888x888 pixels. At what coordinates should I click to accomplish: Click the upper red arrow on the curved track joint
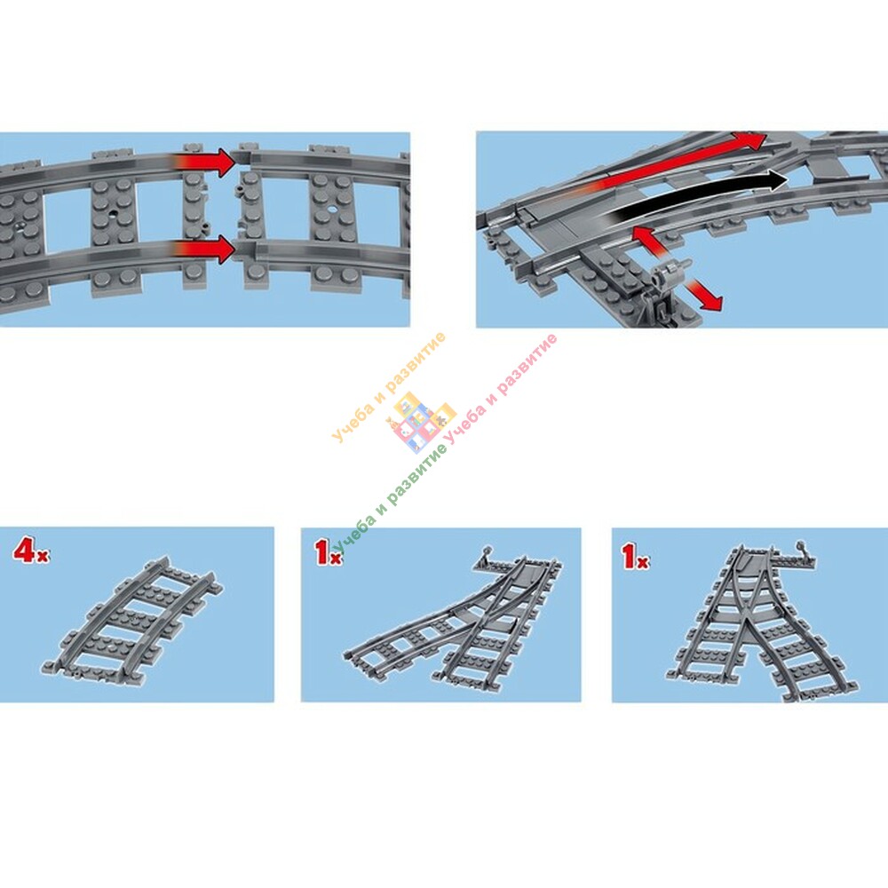[207, 163]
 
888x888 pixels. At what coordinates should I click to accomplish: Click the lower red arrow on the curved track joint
[207, 250]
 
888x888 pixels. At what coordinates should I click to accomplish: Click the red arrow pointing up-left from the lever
[650, 242]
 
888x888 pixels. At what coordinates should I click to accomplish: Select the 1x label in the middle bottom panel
[329, 552]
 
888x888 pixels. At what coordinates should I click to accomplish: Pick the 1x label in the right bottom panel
[635, 556]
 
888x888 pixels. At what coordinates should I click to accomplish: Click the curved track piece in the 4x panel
[133, 617]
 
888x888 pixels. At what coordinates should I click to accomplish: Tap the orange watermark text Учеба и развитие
[389, 387]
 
